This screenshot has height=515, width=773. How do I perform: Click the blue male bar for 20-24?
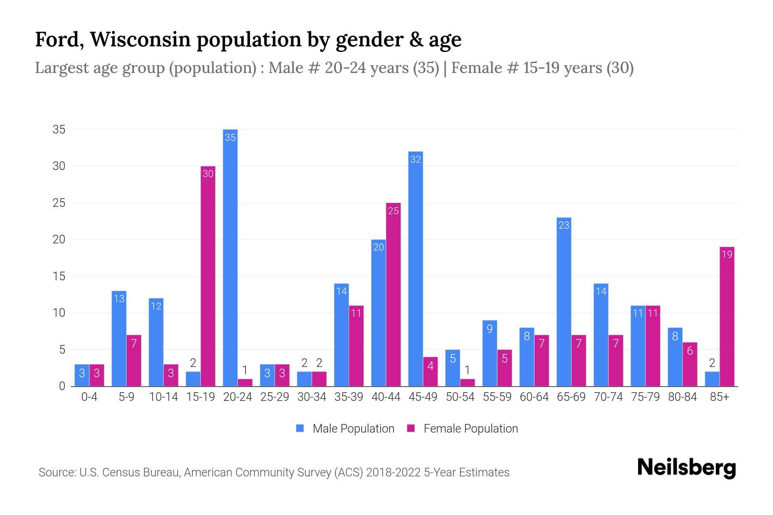tap(230, 257)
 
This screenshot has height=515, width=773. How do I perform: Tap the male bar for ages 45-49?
tap(415, 269)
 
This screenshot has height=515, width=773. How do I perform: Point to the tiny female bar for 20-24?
tap(245, 382)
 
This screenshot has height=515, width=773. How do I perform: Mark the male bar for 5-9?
tap(119, 339)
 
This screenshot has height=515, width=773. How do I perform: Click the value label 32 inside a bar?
tap(415, 159)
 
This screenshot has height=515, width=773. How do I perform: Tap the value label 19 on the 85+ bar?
tap(727, 254)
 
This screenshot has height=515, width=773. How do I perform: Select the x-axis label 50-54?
tap(460, 397)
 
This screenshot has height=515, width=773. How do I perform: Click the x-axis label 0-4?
tap(89, 397)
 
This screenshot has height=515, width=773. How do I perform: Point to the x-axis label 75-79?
tap(645, 397)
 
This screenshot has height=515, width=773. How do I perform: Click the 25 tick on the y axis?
tap(59, 203)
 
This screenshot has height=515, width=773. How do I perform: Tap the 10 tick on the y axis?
tap(59, 313)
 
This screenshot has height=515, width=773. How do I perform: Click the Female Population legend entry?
tap(463, 428)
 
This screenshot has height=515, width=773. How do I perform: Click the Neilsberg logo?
tap(686, 468)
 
